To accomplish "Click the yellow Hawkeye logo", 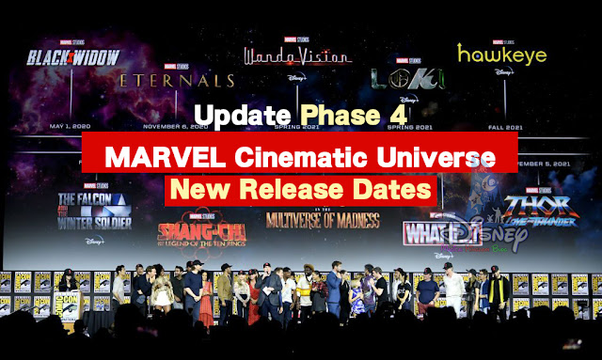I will [x=501, y=54].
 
